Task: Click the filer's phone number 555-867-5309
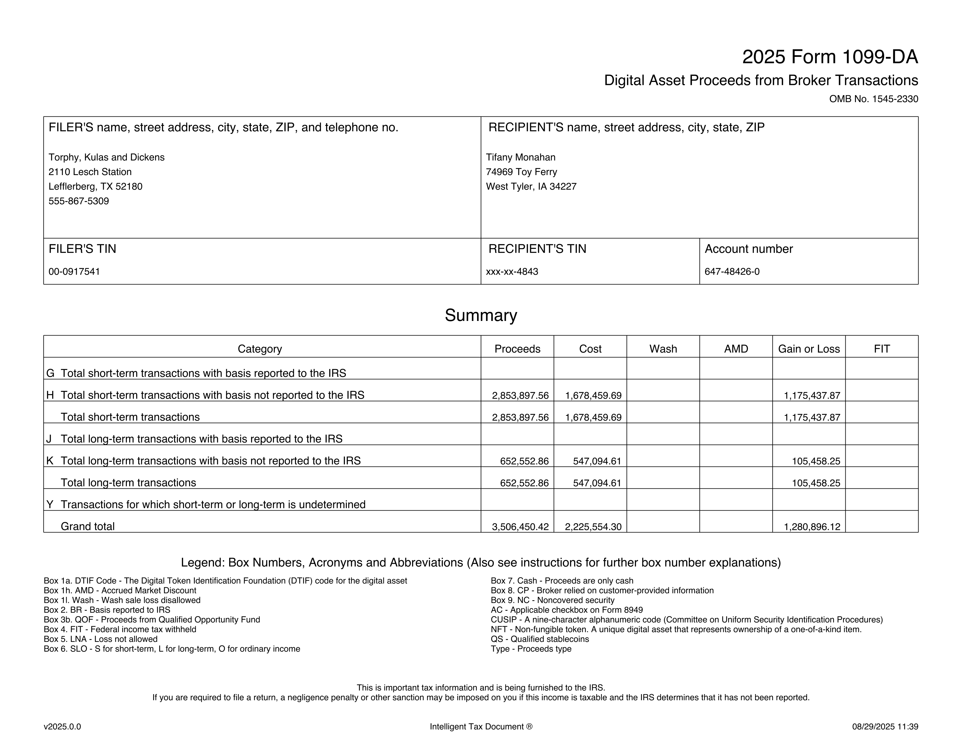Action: [78, 201]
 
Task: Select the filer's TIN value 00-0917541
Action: [74, 272]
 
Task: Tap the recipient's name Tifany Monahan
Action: [521, 157]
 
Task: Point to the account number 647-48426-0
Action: [732, 272]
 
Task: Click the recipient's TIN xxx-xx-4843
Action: [512, 272]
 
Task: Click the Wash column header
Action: [663, 349]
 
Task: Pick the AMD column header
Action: [736, 349]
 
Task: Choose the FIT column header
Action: [882, 349]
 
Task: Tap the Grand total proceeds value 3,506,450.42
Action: [520, 527]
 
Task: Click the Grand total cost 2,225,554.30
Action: [593, 527]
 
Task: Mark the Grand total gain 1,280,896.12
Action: [812, 527]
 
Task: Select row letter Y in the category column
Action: [50, 505]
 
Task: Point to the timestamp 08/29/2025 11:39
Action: [885, 727]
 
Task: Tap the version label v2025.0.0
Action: [62, 727]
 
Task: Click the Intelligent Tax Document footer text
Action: [481, 727]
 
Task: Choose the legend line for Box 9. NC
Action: [552, 600]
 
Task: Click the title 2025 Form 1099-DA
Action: [830, 57]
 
